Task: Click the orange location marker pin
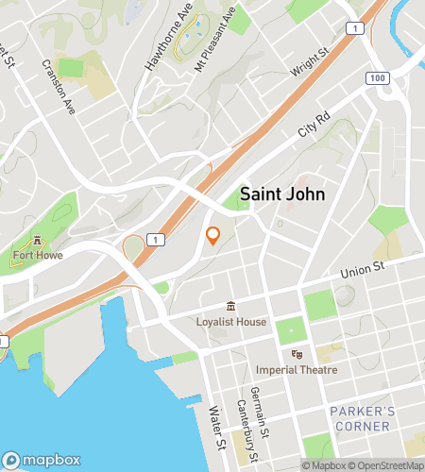point(213,236)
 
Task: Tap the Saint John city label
point(282,194)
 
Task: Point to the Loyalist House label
point(232,322)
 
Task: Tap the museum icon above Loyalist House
point(231,307)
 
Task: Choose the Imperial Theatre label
point(296,369)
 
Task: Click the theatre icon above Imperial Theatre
point(297,354)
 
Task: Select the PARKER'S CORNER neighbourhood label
point(360,419)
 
